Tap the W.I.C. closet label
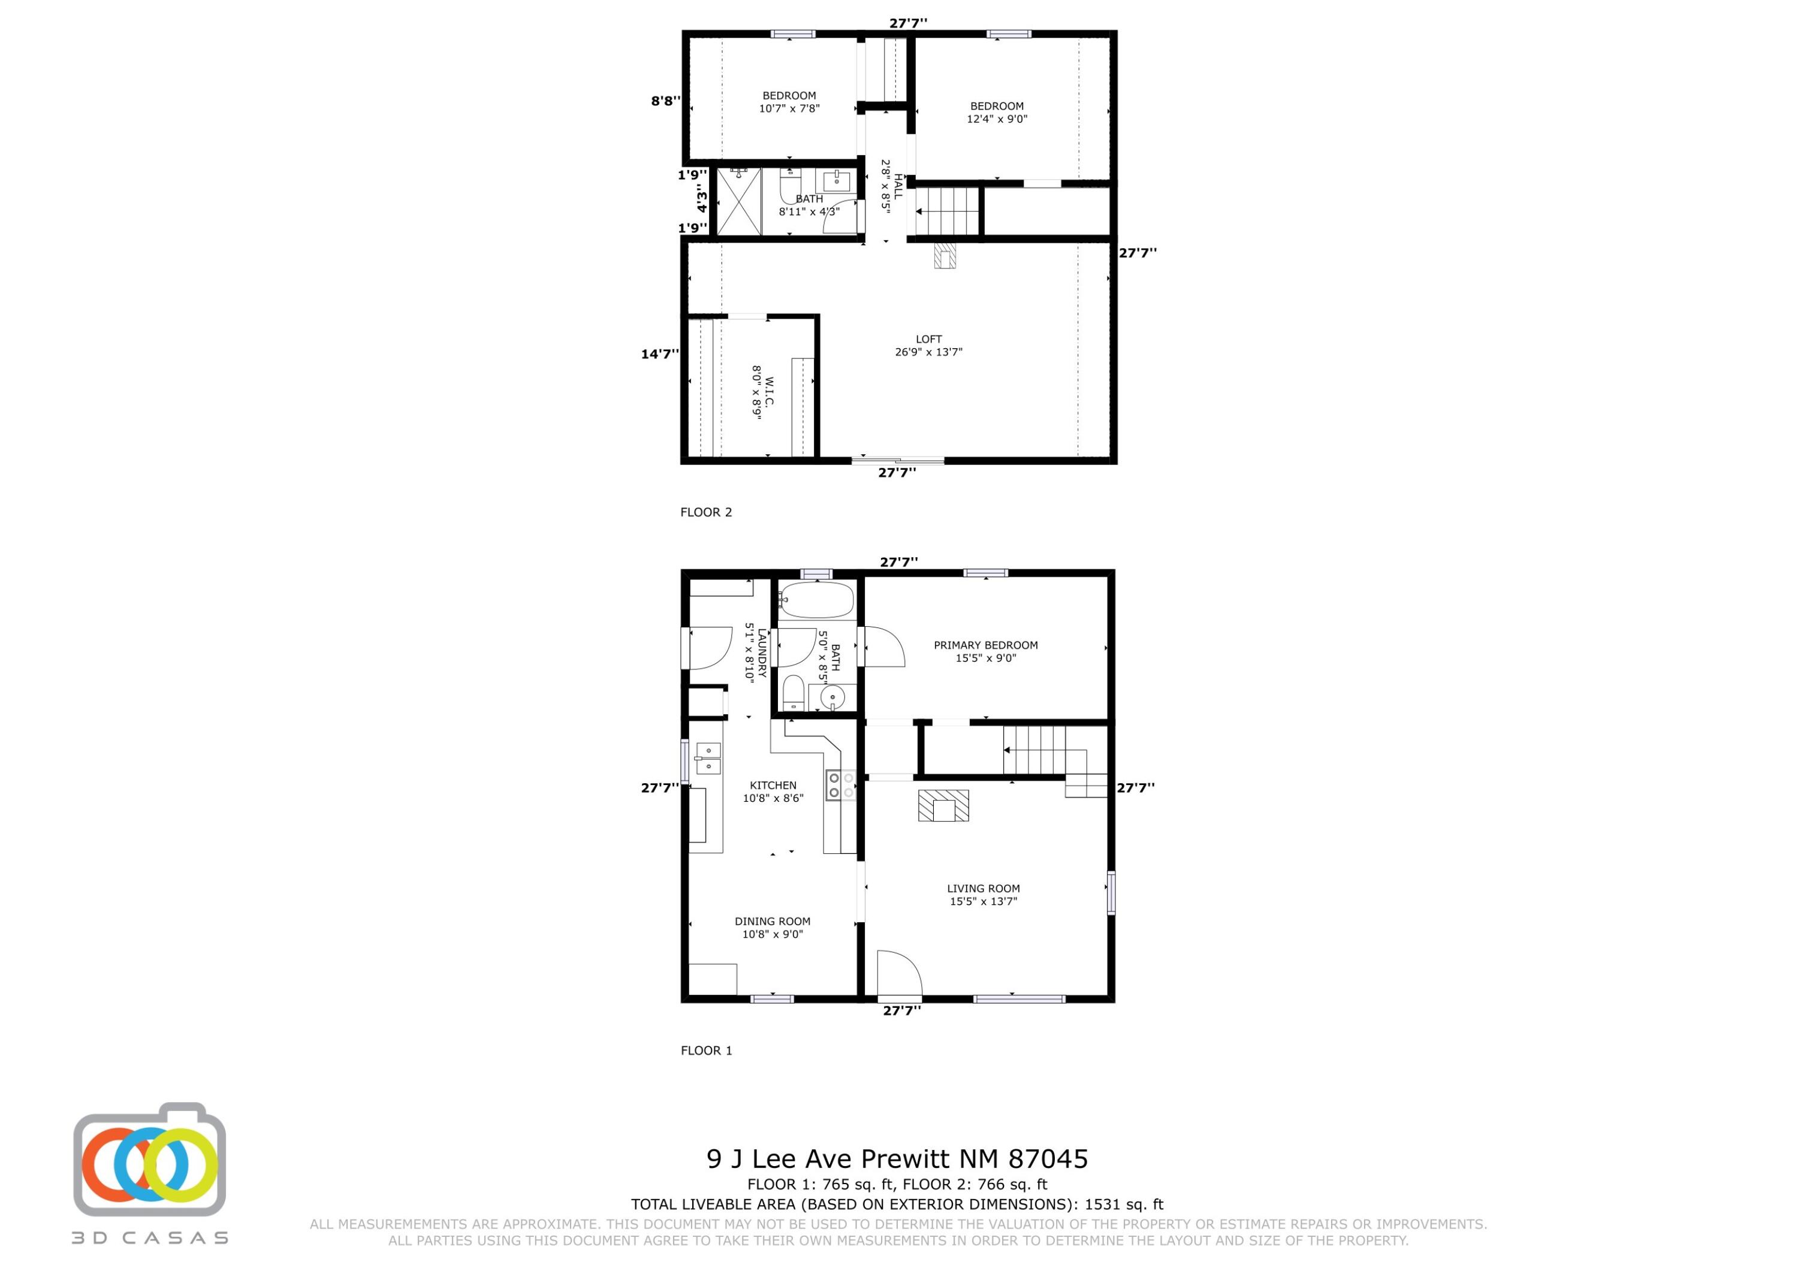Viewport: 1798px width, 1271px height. tap(768, 391)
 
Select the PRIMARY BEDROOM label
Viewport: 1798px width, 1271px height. tap(985, 645)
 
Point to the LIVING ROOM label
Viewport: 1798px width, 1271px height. tap(983, 888)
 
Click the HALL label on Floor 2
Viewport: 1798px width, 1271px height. tap(898, 186)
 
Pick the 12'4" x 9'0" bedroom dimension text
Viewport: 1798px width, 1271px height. tap(997, 119)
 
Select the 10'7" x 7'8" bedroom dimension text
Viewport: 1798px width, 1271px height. tap(789, 109)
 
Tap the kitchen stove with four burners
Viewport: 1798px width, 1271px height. tap(834, 784)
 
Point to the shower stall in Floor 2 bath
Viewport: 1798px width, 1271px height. tap(738, 201)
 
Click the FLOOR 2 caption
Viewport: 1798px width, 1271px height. tap(705, 512)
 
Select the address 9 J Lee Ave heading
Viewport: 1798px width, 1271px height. tap(897, 1158)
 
